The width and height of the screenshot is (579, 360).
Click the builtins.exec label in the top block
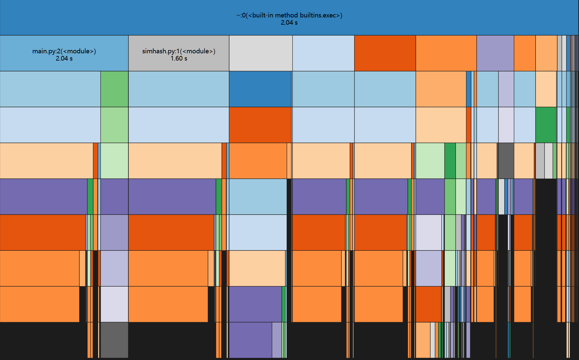(289, 15)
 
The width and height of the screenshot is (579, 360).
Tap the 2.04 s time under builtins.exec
(289, 23)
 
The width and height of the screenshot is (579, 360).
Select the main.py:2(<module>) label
(64, 51)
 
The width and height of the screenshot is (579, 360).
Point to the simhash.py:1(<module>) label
(179, 51)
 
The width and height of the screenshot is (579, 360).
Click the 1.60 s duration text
(179, 59)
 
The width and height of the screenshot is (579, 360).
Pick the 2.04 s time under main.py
(64, 59)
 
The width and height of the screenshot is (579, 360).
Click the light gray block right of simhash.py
(260, 53)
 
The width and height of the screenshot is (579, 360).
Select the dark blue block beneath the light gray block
(260, 89)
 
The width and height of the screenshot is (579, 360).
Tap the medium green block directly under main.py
(114, 89)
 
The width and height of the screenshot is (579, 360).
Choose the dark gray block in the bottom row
(114, 340)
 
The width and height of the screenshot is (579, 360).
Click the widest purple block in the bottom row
(250, 340)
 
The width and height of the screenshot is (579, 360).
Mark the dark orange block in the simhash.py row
(385, 53)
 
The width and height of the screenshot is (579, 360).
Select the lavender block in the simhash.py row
(495, 53)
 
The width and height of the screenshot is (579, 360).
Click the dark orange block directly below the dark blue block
(260, 125)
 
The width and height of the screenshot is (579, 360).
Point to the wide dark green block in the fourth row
(546, 125)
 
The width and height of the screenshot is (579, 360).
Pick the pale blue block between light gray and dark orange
(323, 53)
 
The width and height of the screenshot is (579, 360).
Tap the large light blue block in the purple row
(258, 196)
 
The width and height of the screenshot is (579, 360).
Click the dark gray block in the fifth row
(506, 161)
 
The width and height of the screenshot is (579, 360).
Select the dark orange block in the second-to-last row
(428, 304)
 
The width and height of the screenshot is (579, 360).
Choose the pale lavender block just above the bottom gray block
(114, 304)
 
